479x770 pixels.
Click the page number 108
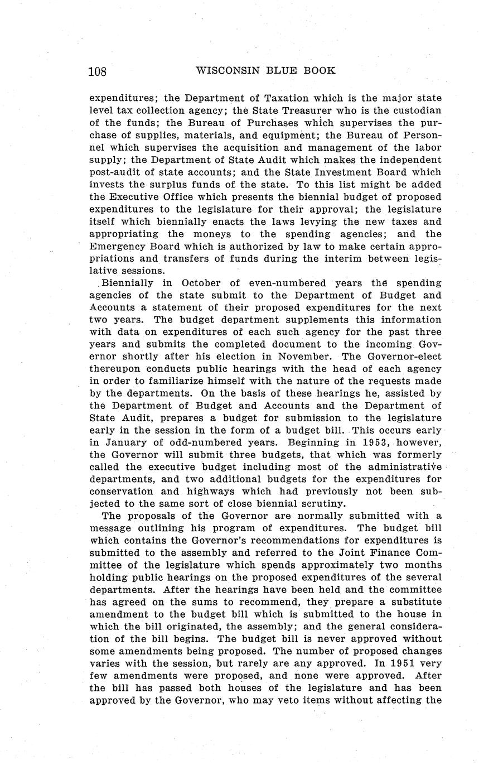[x=98, y=71]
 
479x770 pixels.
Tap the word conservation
[x=120, y=492]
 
